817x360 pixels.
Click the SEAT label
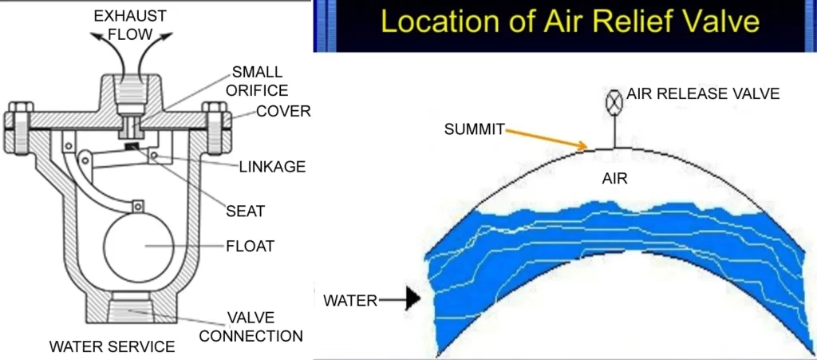click(247, 212)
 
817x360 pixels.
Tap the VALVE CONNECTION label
click(251, 327)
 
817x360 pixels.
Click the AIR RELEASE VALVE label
click(702, 94)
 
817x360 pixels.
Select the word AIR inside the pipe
click(614, 180)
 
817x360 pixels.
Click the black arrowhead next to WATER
click(412, 301)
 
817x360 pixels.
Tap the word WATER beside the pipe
click(350, 301)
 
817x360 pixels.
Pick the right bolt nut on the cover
click(213, 110)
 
